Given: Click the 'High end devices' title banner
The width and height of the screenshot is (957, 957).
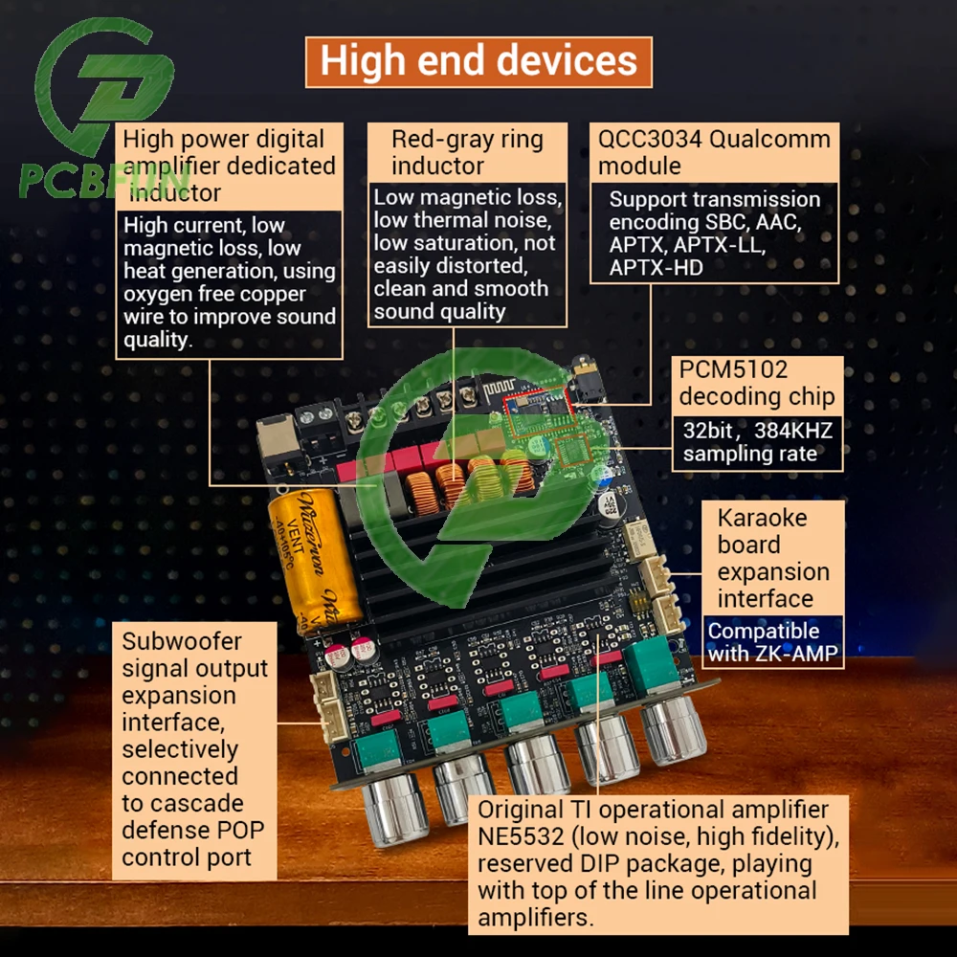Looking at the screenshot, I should [x=478, y=61].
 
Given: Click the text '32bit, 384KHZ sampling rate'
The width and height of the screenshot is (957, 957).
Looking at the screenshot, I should [x=757, y=442].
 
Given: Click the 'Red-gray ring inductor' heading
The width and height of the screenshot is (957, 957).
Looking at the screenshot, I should [x=466, y=152].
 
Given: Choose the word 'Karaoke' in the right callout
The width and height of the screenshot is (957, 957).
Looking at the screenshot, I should [x=762, y=519].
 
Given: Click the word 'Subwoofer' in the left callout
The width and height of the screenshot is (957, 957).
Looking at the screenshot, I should [x=182, y=641].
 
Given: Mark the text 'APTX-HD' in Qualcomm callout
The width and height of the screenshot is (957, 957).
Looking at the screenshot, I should [x=656, y=267].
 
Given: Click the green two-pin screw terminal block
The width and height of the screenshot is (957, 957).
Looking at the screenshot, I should [x=317, y=420].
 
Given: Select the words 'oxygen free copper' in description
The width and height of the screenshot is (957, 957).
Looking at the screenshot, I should [x=214, y=294].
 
